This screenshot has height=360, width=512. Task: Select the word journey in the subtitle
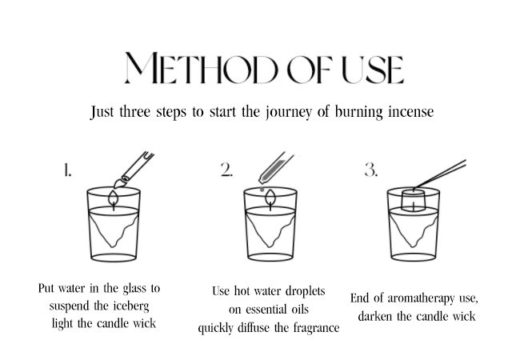pos(288,112)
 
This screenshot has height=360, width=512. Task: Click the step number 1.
pos(67,170)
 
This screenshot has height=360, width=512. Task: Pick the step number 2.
pos(226,170)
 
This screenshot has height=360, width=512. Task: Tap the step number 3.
pos(371,170)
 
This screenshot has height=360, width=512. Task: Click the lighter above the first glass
pos(134,170)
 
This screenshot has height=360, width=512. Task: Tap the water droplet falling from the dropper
pos(262,189)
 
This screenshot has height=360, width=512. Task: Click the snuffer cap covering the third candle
pos(413,200)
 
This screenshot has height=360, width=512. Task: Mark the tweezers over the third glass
pos(439,174)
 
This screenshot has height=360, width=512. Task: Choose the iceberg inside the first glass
pos(114,229)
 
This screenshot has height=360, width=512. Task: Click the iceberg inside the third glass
pos(414,229)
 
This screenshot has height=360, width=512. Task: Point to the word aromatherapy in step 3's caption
pos(422,299)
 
